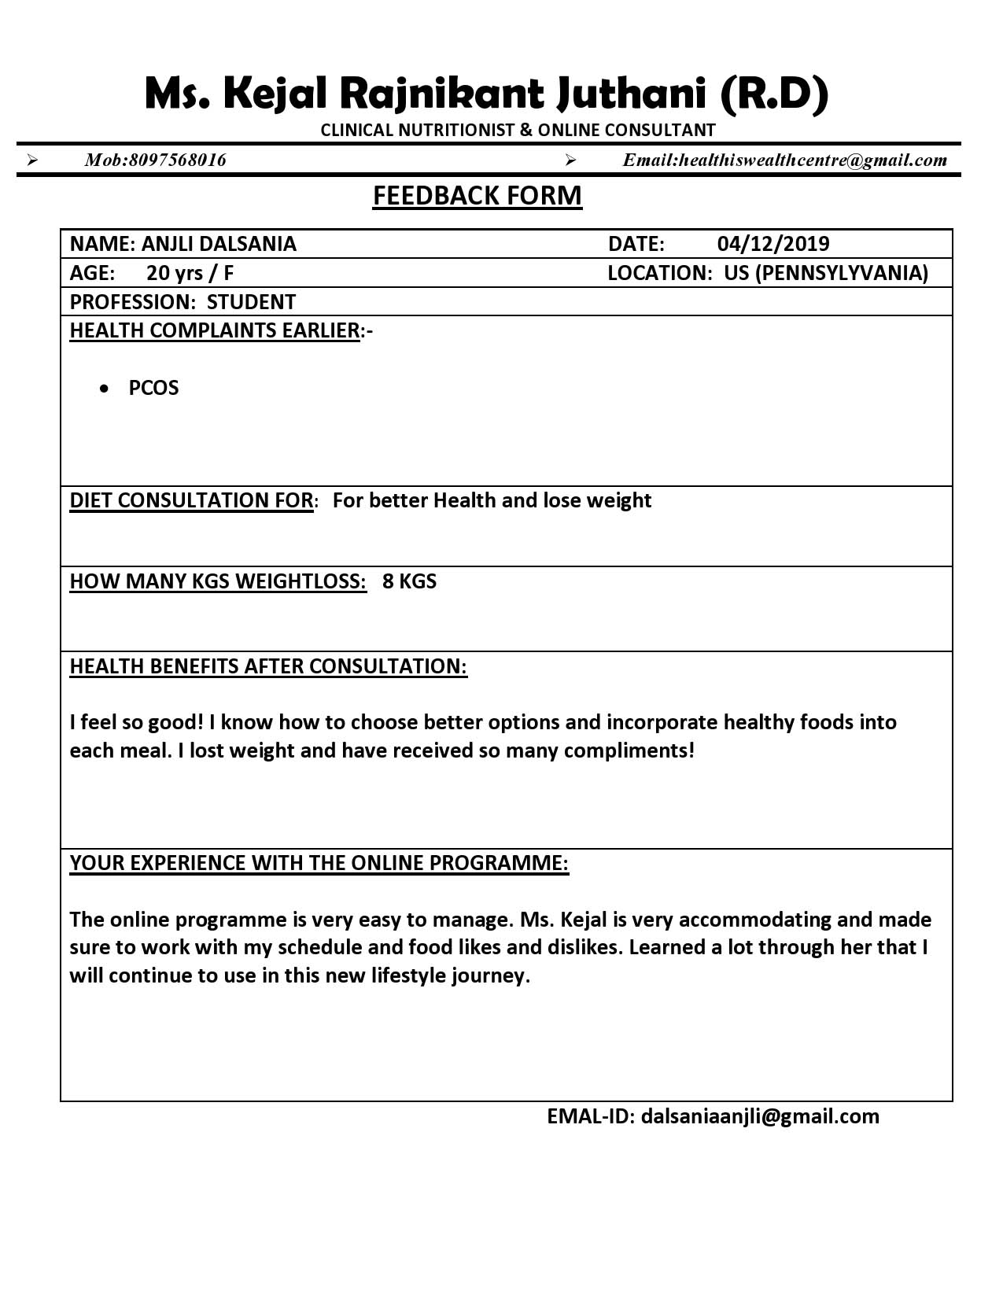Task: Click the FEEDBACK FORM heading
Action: pyautogui.click(x=477, y=195)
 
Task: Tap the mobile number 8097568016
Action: pyautogui.click(x=177, y=160)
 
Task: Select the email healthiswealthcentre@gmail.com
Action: pyautogui.click(x=813, y=160)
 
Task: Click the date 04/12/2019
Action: pyautogui.click(x=773, y=244)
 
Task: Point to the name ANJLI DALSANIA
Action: pyautogui.click(x=219, y=244)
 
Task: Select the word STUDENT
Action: pyautogui.click(x=251, y=302)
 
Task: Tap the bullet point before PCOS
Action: pyautogui.click(x=105, y=389)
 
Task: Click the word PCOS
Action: pyautogui.click(x=153, y=388)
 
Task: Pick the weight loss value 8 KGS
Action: pyautogui.click(x=409, y=581)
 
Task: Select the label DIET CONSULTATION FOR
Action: pyautogui.click(x=191, y=500)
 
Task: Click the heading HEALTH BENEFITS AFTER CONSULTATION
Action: pyautogui.click(x=267, y=666)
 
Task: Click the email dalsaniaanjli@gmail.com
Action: pyautogui.click(x=760, y=1116)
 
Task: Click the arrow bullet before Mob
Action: pyautogui.click(x=32, y=160)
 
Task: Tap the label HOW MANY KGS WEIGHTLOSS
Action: pyautogui.click(x=217, y=581)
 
